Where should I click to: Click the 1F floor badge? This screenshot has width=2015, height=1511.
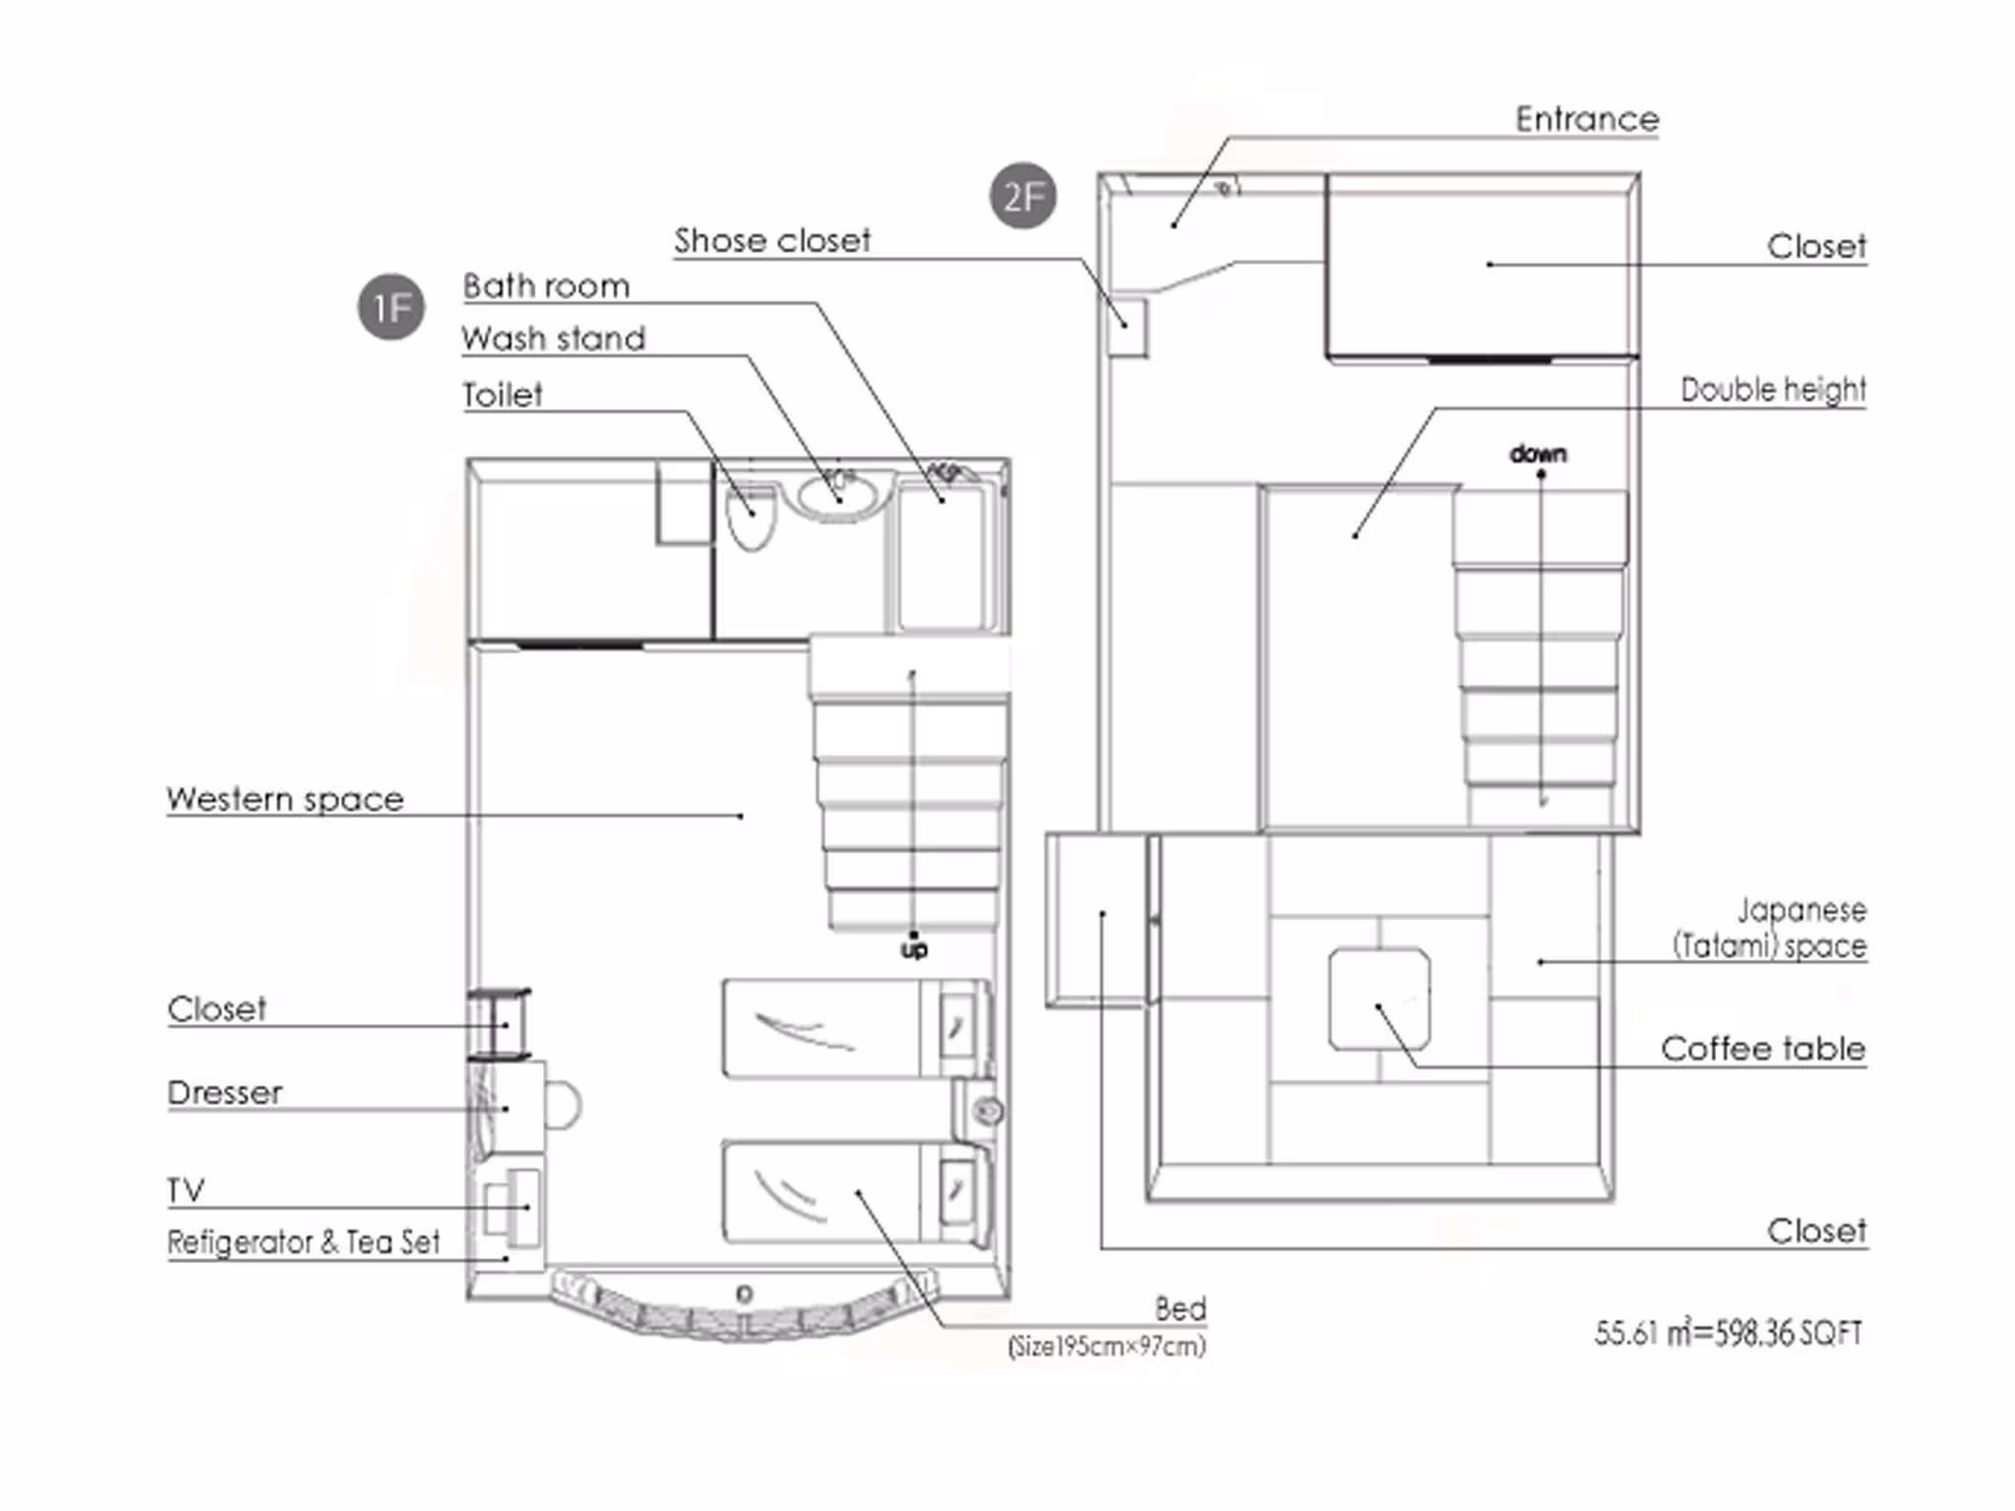tap(391, 307)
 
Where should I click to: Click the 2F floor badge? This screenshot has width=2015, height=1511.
tap(1023, 196)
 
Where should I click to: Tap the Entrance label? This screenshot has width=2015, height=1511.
tap(1587, 119)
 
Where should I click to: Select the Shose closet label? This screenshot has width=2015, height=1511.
tap(772, 240)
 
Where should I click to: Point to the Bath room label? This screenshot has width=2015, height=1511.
tap(546, 286)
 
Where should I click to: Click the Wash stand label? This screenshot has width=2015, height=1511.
tap(554, 338)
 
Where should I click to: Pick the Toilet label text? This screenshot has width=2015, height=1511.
tap(503, 394)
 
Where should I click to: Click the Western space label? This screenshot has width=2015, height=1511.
tap(285, 799)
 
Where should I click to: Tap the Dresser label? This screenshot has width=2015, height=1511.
tap(225, 1092)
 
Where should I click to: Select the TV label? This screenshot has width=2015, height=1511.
tap(186, 1190)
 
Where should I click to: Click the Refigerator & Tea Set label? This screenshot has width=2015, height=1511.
tap(304, 1241)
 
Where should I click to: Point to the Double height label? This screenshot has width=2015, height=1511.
tap(1773, 390)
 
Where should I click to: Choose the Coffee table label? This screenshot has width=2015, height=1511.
tap(1763, 1049)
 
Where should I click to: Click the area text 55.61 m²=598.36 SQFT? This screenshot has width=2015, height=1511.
tap(1729, 1333)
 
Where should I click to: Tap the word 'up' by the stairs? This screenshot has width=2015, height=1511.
tap(914, 950)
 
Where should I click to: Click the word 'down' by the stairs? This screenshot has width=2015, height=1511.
tap(1539, 453)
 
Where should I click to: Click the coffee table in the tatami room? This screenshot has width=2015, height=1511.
tap(1379, 999)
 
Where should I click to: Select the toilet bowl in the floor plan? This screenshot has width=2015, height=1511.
tap(751, 517)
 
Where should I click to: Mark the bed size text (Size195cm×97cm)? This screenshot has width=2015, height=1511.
tap(1107, 1346)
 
